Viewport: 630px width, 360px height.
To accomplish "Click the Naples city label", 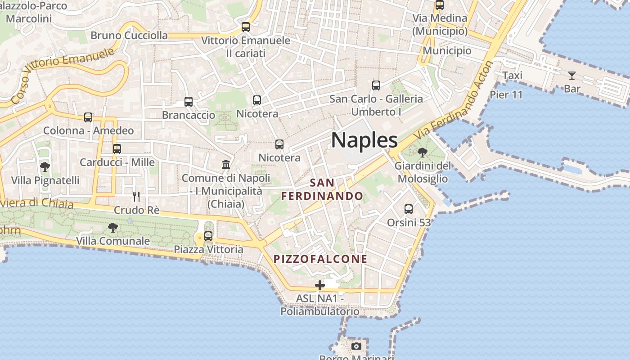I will click(x=364, y=140).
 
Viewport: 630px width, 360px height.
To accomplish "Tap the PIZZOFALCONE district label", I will click(x=320, y=259).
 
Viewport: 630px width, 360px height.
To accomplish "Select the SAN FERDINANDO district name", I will click(x=322, y=189).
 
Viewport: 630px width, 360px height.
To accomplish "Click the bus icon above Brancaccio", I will click(x=189, y=102).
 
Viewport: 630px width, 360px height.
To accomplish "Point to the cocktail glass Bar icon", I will click(x=571, y=75).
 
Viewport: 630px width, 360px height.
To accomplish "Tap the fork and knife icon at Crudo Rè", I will click(x=136, y=196).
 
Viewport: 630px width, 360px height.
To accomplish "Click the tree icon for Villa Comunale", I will click(x=113, y=228).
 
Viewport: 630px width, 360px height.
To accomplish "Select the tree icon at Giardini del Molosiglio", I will click(x=422, y=152).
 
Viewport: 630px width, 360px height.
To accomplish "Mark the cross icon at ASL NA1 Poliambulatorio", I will click(x=320, y=285).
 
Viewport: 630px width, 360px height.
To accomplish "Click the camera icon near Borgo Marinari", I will click(x=356, y=346).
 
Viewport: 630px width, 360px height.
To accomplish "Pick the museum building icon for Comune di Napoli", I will click(x=226, y=164).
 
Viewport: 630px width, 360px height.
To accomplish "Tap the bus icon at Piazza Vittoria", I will click(x=208, y=236).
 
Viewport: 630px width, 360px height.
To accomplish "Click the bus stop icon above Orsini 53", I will click(x=409, y=209).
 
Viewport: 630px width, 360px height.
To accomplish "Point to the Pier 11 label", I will click(x=506, y=94).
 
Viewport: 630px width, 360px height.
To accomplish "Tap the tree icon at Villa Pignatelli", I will click(x=45, y=167).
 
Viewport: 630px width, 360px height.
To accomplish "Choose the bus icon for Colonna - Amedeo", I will click(x=88, y=117).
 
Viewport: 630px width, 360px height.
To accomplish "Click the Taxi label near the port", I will click(x=512, y=75).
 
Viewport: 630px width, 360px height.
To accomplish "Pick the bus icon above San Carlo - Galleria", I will click(x=376, y=85).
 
